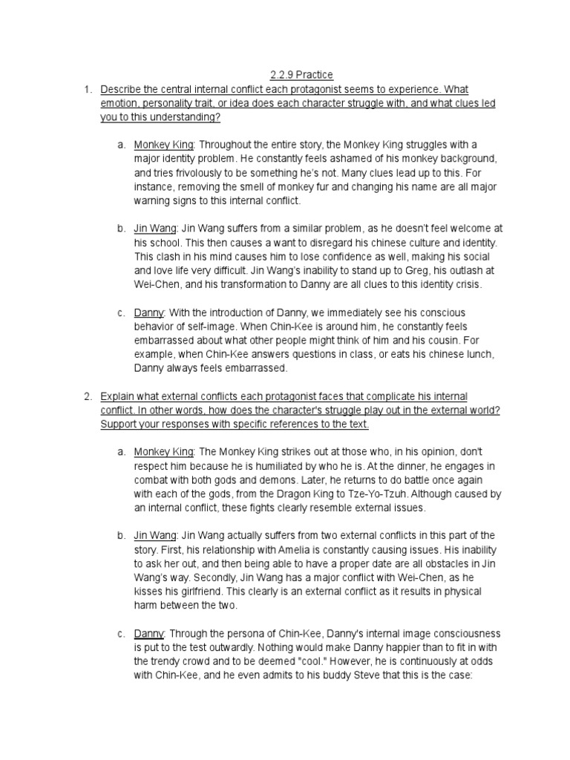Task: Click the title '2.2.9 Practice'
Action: tap(301, 75)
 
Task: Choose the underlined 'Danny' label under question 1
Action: tap(148, 312)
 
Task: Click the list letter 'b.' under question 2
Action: tap(121, 536)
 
